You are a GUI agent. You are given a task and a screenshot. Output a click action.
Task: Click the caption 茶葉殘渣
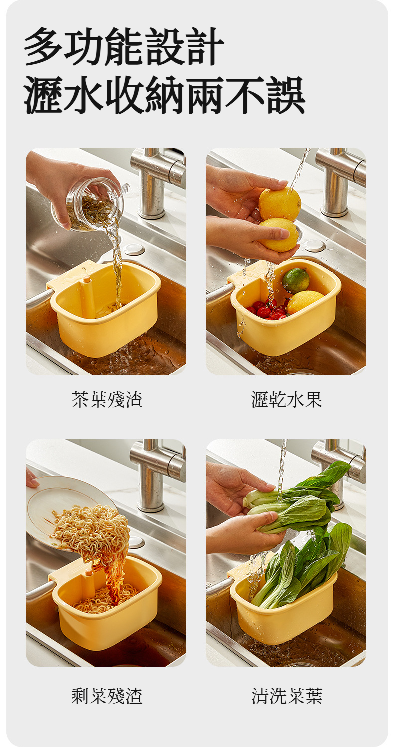click(x=107, y=399)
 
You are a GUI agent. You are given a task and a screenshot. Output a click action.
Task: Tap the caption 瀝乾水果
click(x=286, y=399)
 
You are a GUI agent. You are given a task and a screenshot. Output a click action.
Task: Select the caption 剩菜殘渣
click(x=107, y=696)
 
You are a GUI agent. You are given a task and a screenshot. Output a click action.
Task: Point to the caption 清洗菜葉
click(x=286, y=696)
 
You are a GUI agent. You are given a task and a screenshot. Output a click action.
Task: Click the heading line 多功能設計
click(x=124, y=47)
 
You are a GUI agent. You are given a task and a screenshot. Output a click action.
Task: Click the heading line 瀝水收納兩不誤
click(x=164, y=95)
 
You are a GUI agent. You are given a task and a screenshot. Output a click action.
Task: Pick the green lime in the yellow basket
click(x=296, y=281)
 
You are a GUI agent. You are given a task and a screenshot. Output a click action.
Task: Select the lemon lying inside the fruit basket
click(x=305, y=301)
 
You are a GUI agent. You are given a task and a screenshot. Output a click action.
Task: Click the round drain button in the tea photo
click(x=133, y=249)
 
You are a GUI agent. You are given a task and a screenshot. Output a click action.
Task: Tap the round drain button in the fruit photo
click(x=314, y=246)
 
